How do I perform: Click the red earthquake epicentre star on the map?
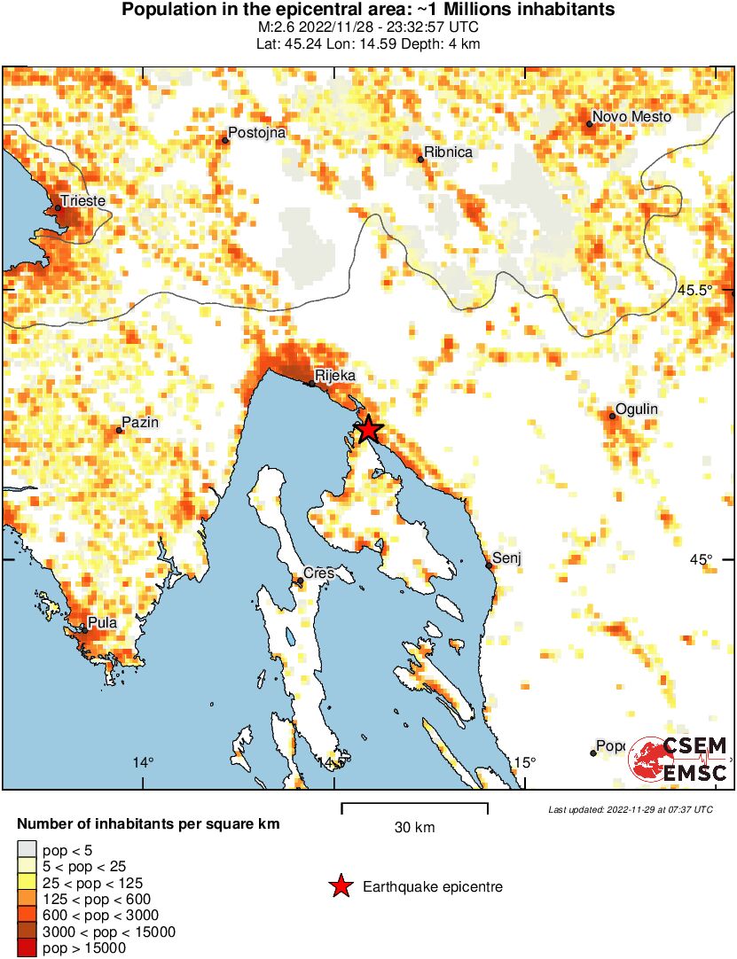click(x=368, y=430)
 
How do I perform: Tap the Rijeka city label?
click(x=334, y=376)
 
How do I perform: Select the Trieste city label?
click(x=83, y=201)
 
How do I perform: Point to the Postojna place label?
click(x=257, y=133)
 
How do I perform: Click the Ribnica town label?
click(x=448, y=152)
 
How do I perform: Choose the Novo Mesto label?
click(x=631, y=117)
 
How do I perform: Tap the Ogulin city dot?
click(x=612, y=416)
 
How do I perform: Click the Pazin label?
click(x=140, y=423)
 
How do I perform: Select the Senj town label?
click(x=506, y=558)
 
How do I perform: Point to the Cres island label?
click(x=318, y=573)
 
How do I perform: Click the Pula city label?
click(x=102, y=623)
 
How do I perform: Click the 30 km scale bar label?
click(x=414, y=828)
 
